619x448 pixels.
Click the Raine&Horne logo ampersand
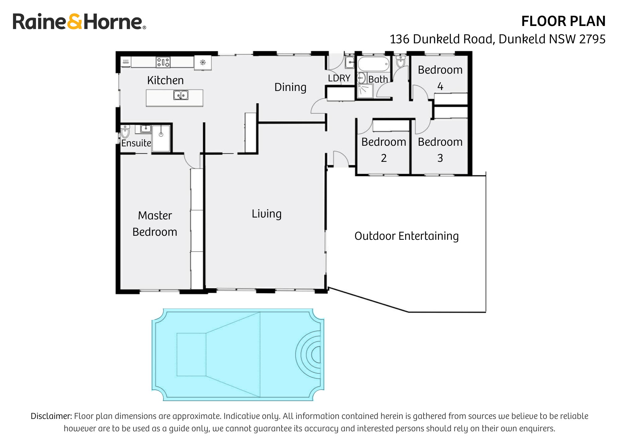[74, 22]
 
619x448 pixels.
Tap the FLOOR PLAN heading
[563, 21]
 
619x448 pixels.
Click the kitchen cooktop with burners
[163, 62]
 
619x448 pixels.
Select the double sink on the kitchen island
[181, 95]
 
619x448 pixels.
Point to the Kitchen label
[165, 80]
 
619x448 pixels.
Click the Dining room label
[290, 87]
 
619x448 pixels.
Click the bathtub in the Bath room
[374, 64]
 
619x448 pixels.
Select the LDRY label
[339, 78]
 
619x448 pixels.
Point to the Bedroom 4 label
[440, 77]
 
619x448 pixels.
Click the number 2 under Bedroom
[383, 158]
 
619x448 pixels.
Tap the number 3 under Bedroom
[440, 158]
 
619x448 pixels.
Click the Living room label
[266, 214]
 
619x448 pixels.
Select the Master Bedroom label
[155, 224]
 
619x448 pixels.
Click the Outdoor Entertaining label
[406, 236]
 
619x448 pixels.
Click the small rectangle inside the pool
[191, 355]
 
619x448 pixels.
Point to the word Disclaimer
[51, 416]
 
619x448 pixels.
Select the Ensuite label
[136, 143]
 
